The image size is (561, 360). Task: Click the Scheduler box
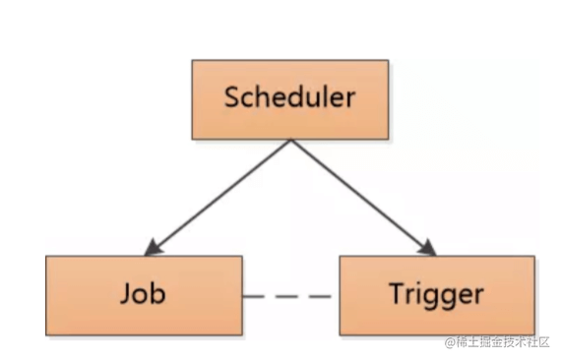point(289,98)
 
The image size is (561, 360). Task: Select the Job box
point(144,294)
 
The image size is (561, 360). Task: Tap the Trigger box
point(436,294)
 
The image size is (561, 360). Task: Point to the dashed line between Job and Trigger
point(290,295)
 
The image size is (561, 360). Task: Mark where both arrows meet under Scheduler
point(290,140)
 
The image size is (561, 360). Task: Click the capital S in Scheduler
point(232,98)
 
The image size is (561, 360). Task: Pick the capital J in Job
point(125,294)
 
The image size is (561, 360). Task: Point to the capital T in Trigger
point(396,294)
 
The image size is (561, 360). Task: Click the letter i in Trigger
point(417,294)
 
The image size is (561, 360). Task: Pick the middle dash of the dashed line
point(290,295)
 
